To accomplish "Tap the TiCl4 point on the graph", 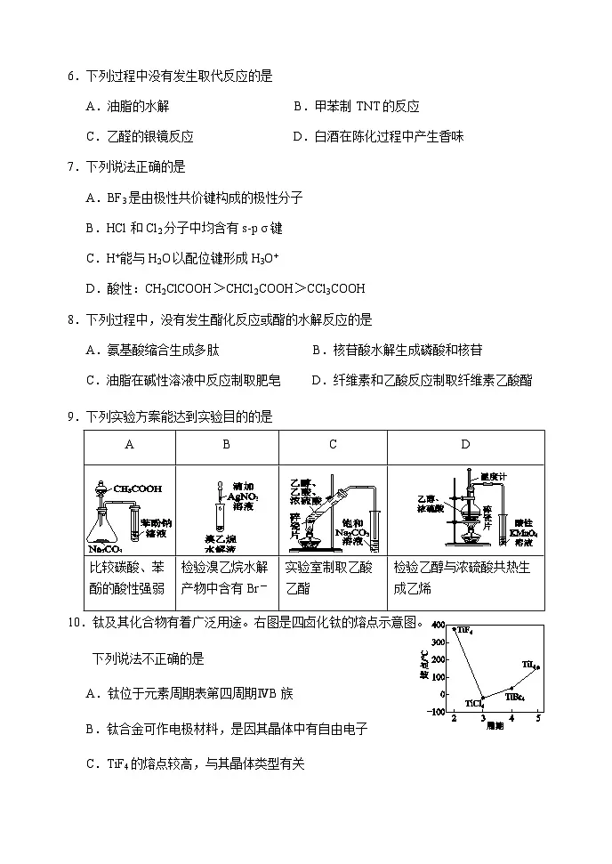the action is point(482,698).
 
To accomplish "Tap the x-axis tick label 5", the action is point(538,719).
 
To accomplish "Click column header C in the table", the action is point(333,445).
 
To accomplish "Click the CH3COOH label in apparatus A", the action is point(138,488).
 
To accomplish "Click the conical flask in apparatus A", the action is point(104,529).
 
